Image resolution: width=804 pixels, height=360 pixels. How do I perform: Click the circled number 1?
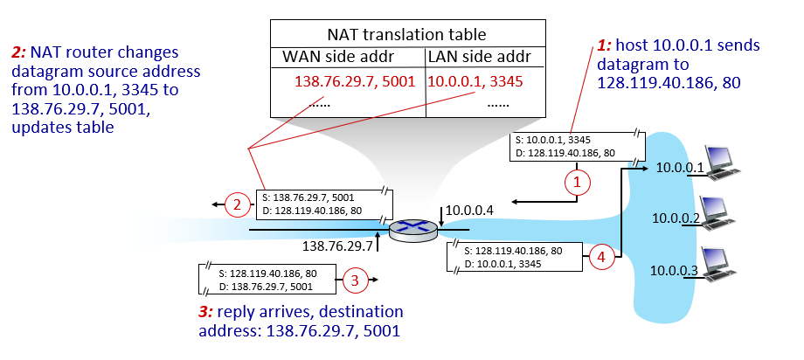tap(575, 183)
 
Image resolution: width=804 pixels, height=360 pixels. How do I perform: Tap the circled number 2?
tap(235, 206)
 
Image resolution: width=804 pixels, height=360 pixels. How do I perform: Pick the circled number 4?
tap(600, 257)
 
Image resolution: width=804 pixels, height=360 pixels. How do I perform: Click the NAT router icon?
tap(411, 229)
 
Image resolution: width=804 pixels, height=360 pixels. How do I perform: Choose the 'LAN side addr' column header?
tap(475, 57)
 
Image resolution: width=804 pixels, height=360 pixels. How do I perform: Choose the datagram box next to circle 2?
tap(324, 204)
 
